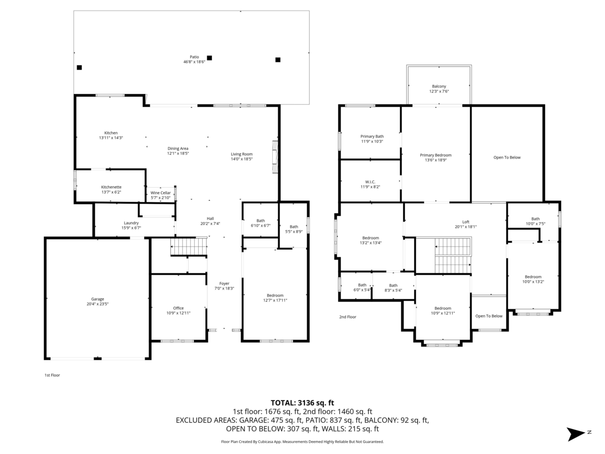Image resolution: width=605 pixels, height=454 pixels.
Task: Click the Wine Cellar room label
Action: click(x=160, y=193)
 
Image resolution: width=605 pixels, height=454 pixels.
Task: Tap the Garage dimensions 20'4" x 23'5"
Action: click(x=97, y=304)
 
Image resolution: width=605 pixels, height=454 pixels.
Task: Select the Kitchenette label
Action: click(x=111, y=187)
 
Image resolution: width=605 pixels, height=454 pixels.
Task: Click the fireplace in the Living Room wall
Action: click(x=275, y=157)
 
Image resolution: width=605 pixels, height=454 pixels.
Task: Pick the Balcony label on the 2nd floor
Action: click(x=439, y=86)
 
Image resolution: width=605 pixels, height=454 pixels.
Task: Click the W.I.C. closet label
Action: click(x=370, y=182)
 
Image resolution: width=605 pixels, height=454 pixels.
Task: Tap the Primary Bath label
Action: click(x=372, y=136)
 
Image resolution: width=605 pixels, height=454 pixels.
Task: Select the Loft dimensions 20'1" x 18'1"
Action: click(x=465, y=226)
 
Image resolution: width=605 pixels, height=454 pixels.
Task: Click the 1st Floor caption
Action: click(x=52, y=375)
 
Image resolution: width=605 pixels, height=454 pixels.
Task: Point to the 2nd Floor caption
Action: click(x=347, y=317)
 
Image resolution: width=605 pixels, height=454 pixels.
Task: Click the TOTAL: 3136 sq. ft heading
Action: click(x=302, y=403)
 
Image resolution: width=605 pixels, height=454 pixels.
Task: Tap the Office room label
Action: click(x=178, y=308)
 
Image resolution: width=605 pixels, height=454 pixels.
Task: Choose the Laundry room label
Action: click(x=131, y=223)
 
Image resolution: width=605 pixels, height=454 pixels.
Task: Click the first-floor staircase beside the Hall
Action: click(x=189, y=247)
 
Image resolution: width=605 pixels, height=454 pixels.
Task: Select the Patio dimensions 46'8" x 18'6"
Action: click(x=194, y=62)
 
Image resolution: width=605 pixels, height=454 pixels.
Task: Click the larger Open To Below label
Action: click(x=507, y=157)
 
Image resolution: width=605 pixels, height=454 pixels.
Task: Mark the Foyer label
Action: click(x=224, y=283)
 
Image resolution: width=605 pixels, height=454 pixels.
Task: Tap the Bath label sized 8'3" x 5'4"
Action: click(x=393, y=286)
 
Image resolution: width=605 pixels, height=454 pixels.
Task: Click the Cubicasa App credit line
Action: click(x=302, y=441)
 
